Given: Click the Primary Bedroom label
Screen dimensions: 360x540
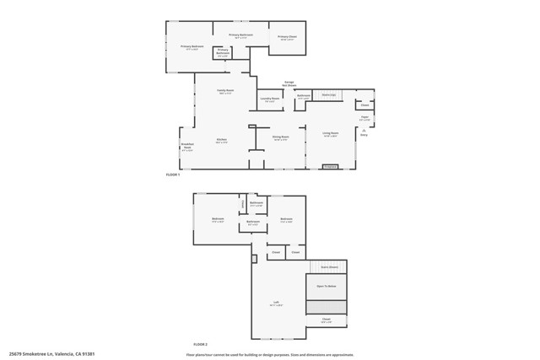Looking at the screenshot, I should pos(192,46).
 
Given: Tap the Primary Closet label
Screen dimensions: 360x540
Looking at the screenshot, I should pos(288,38).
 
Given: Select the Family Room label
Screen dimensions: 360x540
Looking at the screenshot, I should pos(225,90).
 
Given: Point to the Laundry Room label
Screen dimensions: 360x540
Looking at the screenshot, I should pos(269,100).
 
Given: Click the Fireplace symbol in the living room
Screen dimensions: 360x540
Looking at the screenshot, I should pos(331,167).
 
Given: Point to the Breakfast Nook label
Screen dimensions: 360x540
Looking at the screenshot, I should pos(186,146).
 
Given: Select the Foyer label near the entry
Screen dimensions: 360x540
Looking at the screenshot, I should pos(364,118).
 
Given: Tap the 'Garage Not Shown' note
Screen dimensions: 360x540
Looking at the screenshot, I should pos(289,83).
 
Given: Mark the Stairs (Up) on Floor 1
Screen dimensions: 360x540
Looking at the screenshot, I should pos(329,95).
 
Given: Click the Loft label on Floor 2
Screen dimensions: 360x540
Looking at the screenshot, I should pos(275,304).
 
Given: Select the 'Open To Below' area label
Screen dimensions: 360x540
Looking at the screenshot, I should pos(327,287).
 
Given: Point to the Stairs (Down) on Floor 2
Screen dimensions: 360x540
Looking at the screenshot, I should pos(328,267).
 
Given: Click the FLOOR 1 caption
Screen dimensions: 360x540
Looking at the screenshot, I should pos(173,175).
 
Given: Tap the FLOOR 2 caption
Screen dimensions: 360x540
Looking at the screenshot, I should pos(200,345).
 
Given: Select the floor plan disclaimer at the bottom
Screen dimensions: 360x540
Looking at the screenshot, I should pos(270,354).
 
